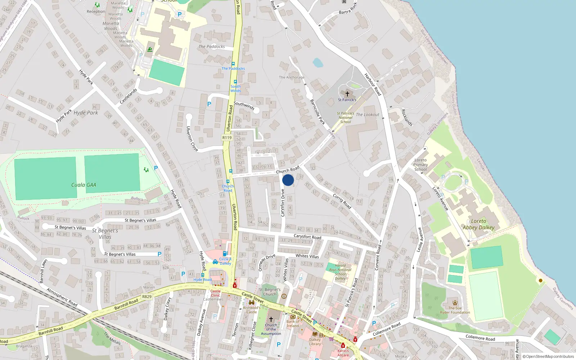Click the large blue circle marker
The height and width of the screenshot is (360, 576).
point(288,180)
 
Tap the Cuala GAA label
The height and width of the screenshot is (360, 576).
point(84,185)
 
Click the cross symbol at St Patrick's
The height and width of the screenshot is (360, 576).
point(347,94)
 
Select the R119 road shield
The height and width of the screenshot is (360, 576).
point(227,138)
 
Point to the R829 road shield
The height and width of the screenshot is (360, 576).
point(147,297)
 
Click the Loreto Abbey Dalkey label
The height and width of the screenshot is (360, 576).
point(478,224)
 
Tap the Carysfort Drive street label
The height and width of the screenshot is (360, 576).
point(283,203)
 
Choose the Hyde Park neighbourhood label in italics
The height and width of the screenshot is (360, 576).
point(86,113)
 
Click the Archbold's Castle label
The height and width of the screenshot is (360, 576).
point(252,310)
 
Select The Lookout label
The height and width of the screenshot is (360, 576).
point(368,115)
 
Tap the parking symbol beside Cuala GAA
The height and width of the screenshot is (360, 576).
point(156,168)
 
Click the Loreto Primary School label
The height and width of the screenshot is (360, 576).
point(420,165)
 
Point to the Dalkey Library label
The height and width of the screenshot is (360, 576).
point(315,342)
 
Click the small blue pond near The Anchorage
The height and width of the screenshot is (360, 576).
point(318,63)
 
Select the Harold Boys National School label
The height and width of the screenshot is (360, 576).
point(340,272)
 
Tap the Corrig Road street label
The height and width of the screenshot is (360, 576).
point(342,201)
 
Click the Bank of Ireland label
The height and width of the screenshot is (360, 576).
point(293,324)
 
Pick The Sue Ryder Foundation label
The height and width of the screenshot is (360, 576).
point(455,310)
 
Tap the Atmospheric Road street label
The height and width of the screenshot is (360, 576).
point(62,297)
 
